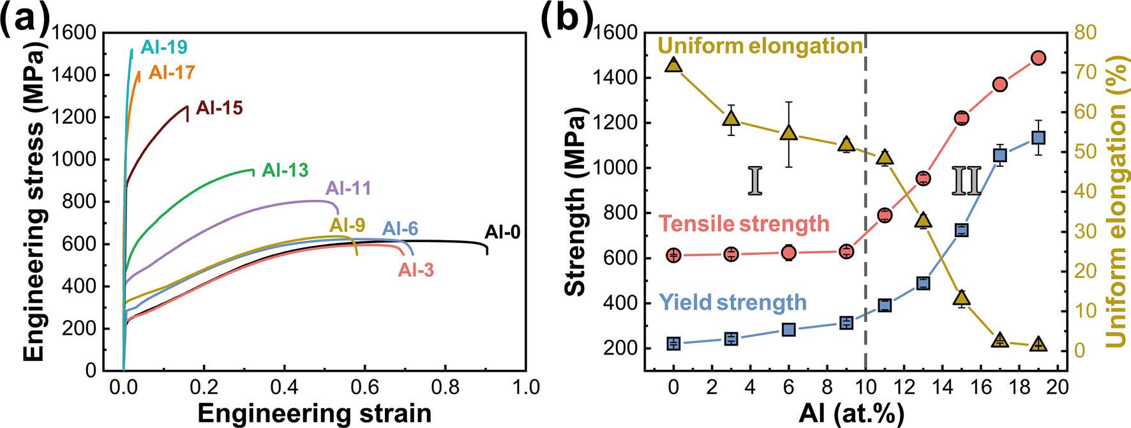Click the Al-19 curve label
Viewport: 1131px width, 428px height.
164,47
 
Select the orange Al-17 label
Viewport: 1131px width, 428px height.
172,72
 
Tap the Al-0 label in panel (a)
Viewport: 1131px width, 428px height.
502,232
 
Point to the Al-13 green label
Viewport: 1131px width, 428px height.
285,171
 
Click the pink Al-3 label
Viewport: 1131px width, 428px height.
416,270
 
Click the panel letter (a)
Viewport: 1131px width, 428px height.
24,17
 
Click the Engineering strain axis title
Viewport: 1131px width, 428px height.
314,413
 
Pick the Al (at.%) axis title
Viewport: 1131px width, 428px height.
851,413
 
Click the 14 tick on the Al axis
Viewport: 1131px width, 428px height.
942,387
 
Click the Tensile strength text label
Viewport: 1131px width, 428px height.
744,224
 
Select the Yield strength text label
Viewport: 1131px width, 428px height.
733,302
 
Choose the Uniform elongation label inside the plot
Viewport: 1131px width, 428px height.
760,46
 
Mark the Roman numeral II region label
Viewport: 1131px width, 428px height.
966,181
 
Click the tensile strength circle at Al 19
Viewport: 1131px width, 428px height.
1038,58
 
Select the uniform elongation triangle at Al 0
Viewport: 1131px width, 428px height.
673,65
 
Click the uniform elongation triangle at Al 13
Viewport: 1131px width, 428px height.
923,220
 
